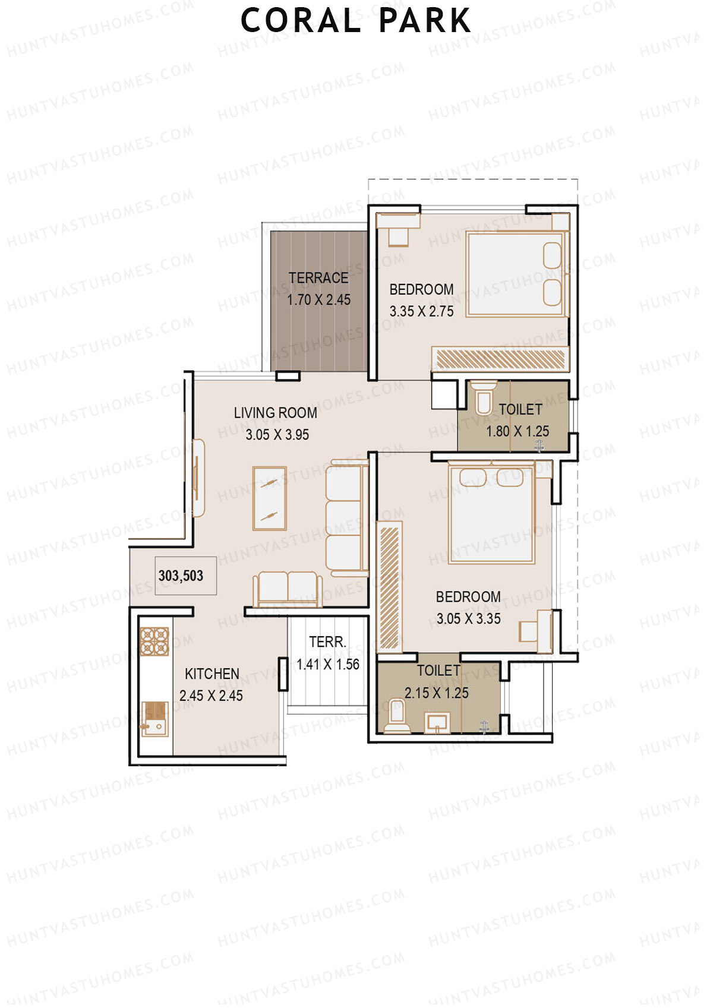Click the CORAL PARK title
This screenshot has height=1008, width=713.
pos(355,21)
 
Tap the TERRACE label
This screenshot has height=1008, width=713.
pos(318,278)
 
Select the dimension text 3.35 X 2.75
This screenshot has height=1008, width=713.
pos(421,311)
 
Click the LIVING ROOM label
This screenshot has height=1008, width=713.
pos(275,413)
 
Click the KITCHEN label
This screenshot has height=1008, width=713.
pos(212,674)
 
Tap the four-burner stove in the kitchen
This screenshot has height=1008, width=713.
pos(154,642)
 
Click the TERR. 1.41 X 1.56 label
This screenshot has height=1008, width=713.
pos(327,653)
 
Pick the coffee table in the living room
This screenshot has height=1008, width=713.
pos(270,498)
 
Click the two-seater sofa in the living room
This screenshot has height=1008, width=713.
pos(288,588)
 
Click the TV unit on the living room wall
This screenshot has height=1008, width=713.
pos(198,478)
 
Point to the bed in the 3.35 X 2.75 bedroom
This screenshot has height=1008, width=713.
pos(515,274)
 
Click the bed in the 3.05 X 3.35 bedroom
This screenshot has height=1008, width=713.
pos(492,514)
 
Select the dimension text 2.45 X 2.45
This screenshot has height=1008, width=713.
pos(211,696)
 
